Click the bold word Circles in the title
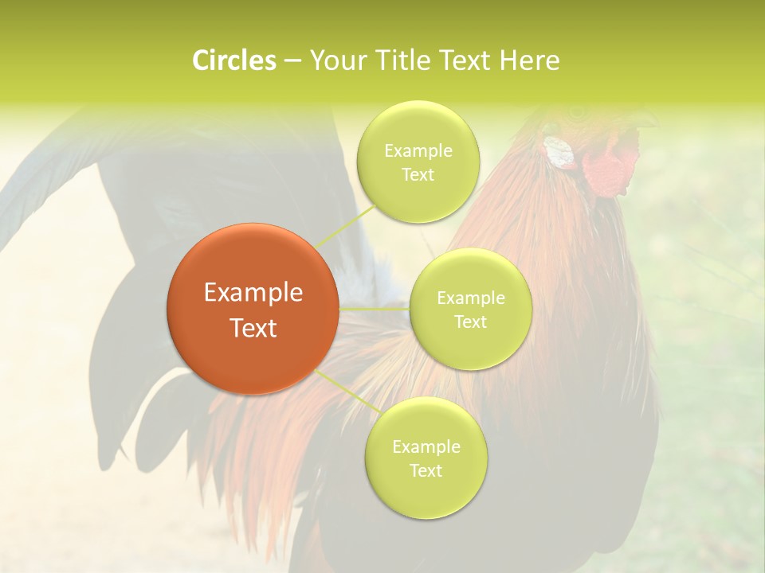point(233,60)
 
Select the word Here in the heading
point(531,60)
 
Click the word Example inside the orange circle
point(253,293)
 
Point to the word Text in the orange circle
point(253,328)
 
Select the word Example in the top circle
point(418,151)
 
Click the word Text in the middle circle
point(470,322)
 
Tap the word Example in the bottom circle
point(426,447)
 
